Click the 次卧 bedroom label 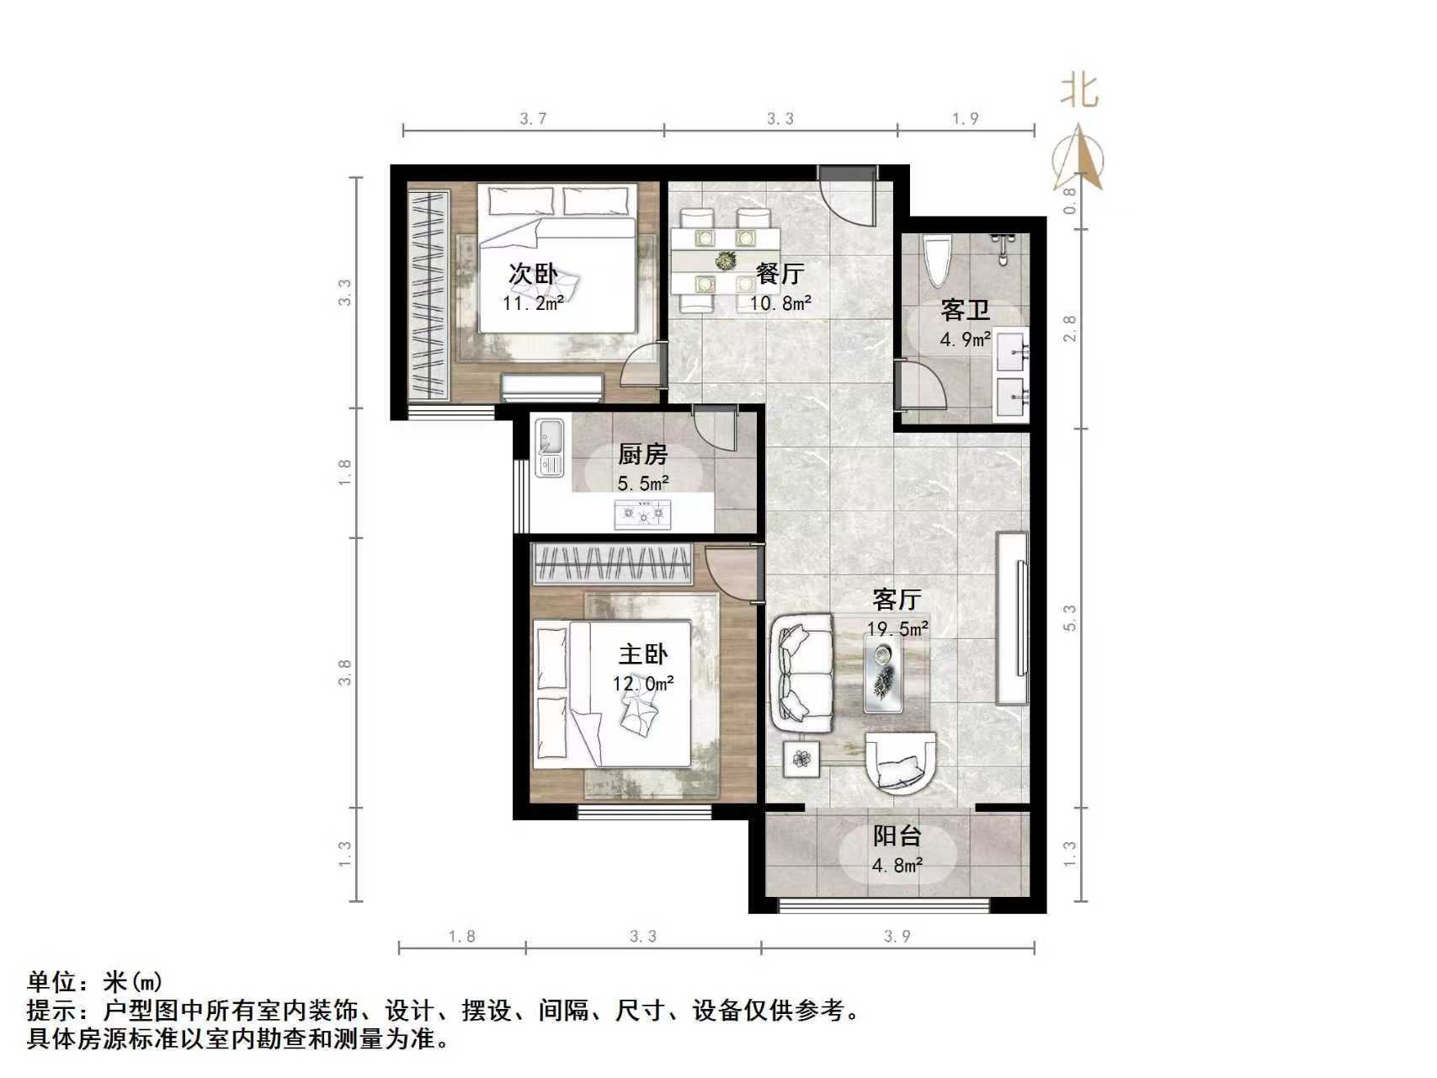coord(533,274)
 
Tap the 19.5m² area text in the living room coord(897,628)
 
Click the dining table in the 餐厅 coord(725,260)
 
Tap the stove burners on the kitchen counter coord(643,512)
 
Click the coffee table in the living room coord(883,673)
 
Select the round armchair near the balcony coord(901,762)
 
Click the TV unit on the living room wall coord(1013,618)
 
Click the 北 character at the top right coord(1079,90)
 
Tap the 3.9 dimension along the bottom coord(897,936)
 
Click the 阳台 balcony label coord(897,836)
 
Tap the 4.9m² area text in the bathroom coord(965,339)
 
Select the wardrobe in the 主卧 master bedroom coord(613,563)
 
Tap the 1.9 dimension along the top coord(966,119)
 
